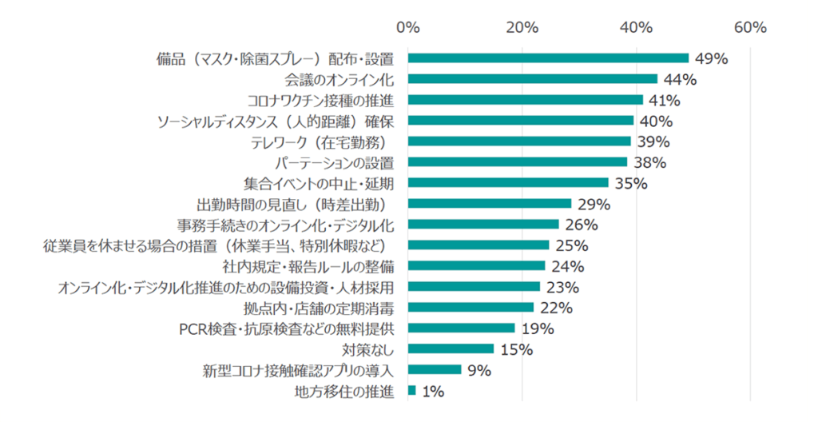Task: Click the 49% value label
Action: tap(711, 58)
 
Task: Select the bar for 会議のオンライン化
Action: tap(533, 79)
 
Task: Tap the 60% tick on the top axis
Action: tap(750, 27)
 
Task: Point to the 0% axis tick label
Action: tap(408, 27)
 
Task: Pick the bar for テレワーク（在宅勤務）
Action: tap(519, 141)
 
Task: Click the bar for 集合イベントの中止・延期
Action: tap(508, 183)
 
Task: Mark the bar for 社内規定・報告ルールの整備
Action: tap(476, 266)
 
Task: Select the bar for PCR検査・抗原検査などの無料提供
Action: tap(462, 328)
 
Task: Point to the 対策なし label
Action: tap(368, 349)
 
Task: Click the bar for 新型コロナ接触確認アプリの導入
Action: tap(435, 370)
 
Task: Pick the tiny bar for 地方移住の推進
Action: tap(412, 391)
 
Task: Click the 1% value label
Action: tap(434, 392)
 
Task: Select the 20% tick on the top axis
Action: tap(522, 27)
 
